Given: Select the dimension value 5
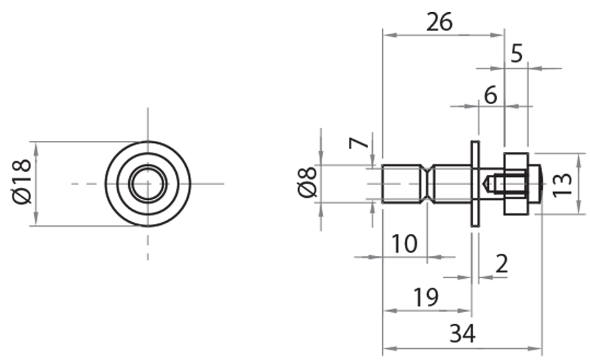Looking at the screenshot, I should (516, 53).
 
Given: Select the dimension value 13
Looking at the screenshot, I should (562, 182).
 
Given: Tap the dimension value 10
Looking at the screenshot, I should (403, 243).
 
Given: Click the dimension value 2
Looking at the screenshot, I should (502, 263).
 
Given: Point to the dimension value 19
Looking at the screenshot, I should (426, 297).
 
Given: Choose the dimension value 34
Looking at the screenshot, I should (462, 334).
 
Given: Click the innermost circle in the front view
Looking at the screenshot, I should (147, 183).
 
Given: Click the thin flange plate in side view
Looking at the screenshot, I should (475, 183).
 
